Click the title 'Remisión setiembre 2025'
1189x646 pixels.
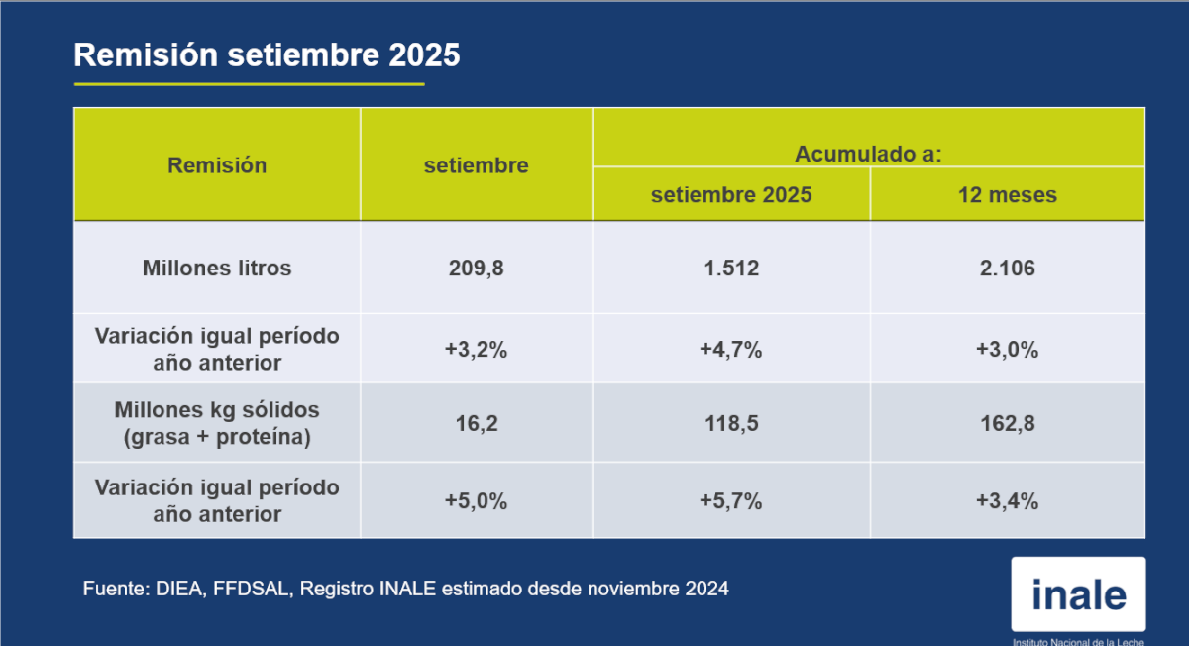(x=268, y=55)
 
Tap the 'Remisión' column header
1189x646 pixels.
(x=217, y=165)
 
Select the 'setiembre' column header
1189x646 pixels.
(x=477, y=165)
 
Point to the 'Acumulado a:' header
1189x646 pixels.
(x=868, y=154)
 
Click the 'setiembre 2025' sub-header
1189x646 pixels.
(x=731, y=194)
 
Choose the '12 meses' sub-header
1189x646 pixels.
(x=1008, y=194)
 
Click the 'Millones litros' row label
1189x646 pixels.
(x=217, y=268)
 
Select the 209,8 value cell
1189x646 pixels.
(x=477, y=268)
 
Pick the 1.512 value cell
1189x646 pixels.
(x=731, y=268)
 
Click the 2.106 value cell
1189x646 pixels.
(x=1008, y=268)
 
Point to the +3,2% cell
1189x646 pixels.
(x=477, y=350)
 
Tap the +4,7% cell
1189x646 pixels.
(x=731, y=350)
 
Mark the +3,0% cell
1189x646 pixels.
(x=1008, y=350)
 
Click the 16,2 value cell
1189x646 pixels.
(x=477, y=423)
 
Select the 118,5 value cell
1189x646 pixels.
(x=731, y=423)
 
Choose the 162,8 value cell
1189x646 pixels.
(x=1008, y=423)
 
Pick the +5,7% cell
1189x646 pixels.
(x=731, y=501)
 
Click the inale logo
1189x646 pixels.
(x=1078, y=594)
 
